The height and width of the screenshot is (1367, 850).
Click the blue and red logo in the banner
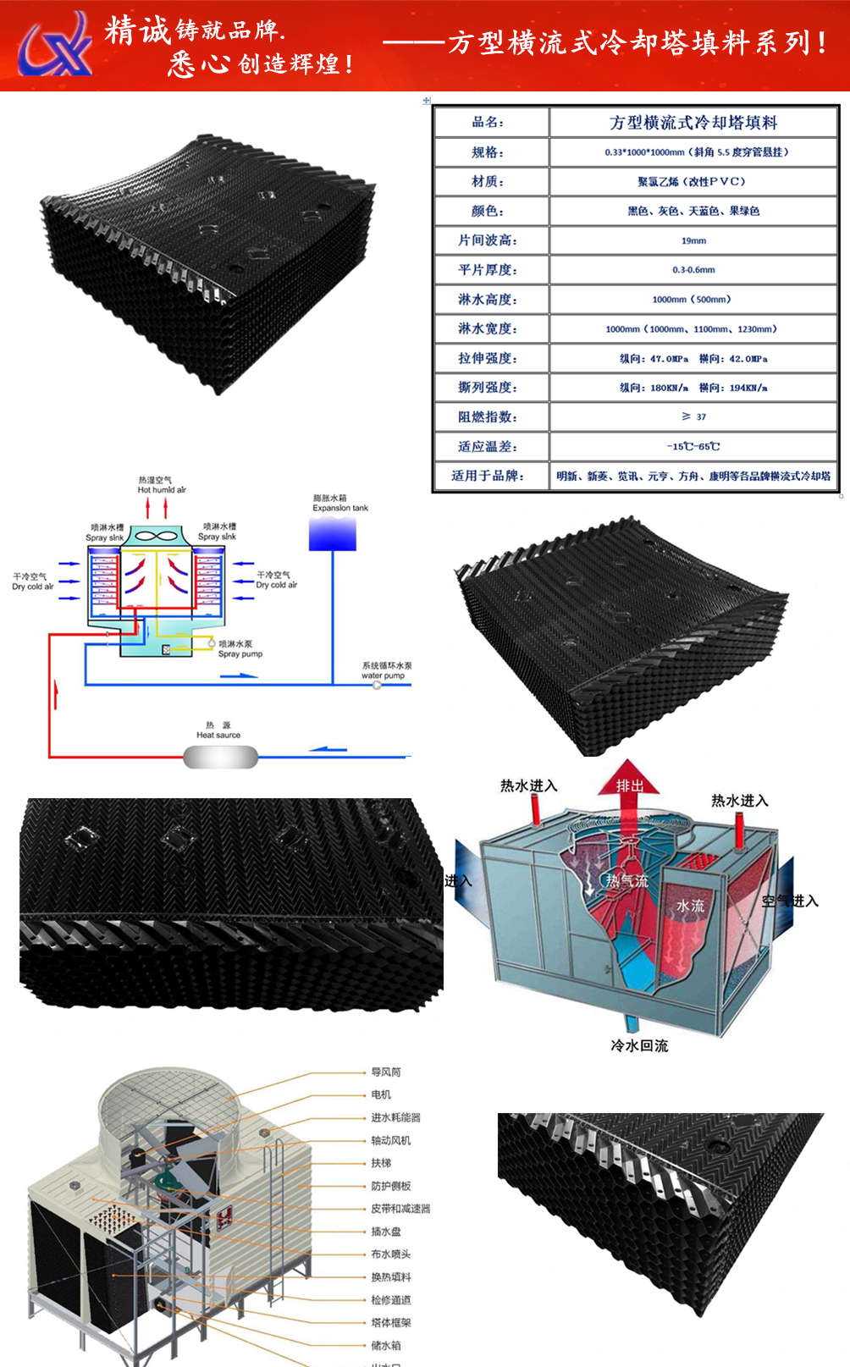click(56, 44)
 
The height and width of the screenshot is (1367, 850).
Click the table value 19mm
click(693, 240)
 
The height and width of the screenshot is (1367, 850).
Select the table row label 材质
click(488, 181)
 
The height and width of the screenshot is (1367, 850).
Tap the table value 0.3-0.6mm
click(693, 270)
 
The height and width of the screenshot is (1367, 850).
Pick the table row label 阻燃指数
click(488, 416)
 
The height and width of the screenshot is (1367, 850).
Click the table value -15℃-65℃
click(693, 446)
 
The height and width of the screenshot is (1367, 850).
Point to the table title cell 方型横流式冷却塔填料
click(693, 123)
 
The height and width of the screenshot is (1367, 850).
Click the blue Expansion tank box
click(333, 534)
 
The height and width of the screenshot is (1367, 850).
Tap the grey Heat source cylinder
click(220, 756)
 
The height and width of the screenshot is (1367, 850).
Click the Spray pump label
click(240, 654)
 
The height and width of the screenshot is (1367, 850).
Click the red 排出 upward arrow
click(629, 783)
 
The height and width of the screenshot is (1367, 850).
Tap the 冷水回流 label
click(639, 1045)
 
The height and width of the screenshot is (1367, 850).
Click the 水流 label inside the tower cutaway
click(690, 906)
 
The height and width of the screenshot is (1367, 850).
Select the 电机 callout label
click(381, 1094)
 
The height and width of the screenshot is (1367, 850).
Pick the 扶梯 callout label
click(381, 1163)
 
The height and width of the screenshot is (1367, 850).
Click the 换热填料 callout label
click(390, 1276)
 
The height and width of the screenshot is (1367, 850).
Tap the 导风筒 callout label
click(385, 1072)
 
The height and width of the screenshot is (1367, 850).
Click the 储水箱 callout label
click(385, 1345)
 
